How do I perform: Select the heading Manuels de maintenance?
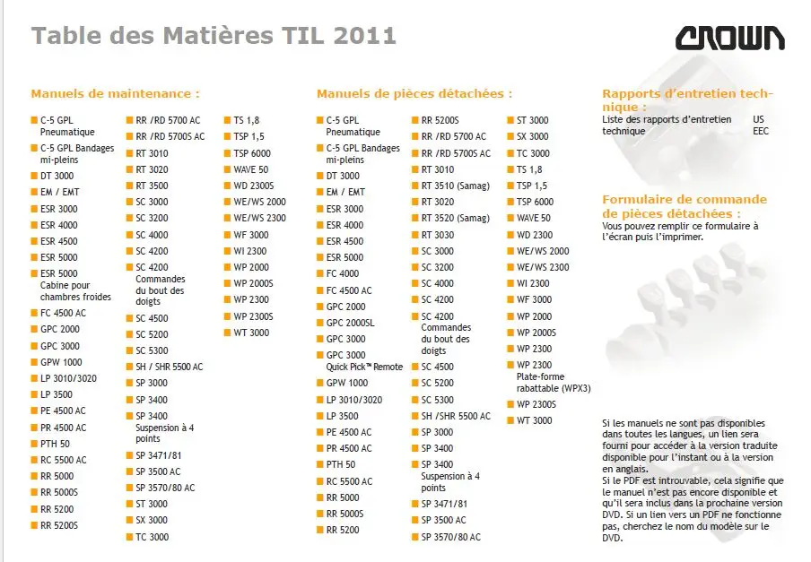[115, 93]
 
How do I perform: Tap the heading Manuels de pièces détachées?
[414, 93]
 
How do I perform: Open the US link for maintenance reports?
[759, 119]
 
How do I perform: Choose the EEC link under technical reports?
[761, 131]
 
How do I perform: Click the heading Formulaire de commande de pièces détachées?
[685, 206]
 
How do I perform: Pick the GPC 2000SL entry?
[352, 323]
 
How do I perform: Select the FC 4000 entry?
[343, 274]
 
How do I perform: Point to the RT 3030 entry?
[438, 235]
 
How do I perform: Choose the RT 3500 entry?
[152, 186]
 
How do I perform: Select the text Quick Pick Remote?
[364, 367]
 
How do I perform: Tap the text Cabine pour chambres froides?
[75, 291]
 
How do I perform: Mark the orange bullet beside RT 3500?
[129, 186]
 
